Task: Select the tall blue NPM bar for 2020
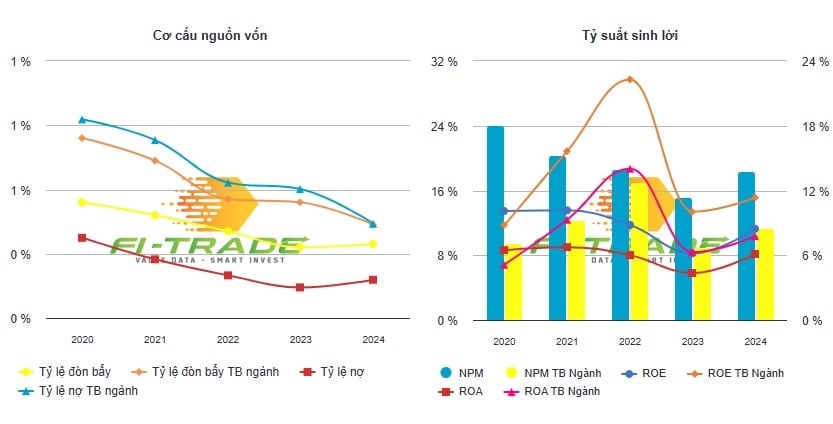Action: tap(495, 222)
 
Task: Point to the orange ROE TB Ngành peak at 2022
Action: tap(629, 79)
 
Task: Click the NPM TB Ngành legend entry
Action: tap(532, 373)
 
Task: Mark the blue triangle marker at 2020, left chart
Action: tap(82, 119)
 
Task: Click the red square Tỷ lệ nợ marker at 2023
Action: tap(300, 288)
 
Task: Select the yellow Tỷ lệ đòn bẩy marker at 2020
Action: tap(82, 202)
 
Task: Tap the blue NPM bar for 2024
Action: tap(746, 246)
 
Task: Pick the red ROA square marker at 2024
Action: tap(755, 254)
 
